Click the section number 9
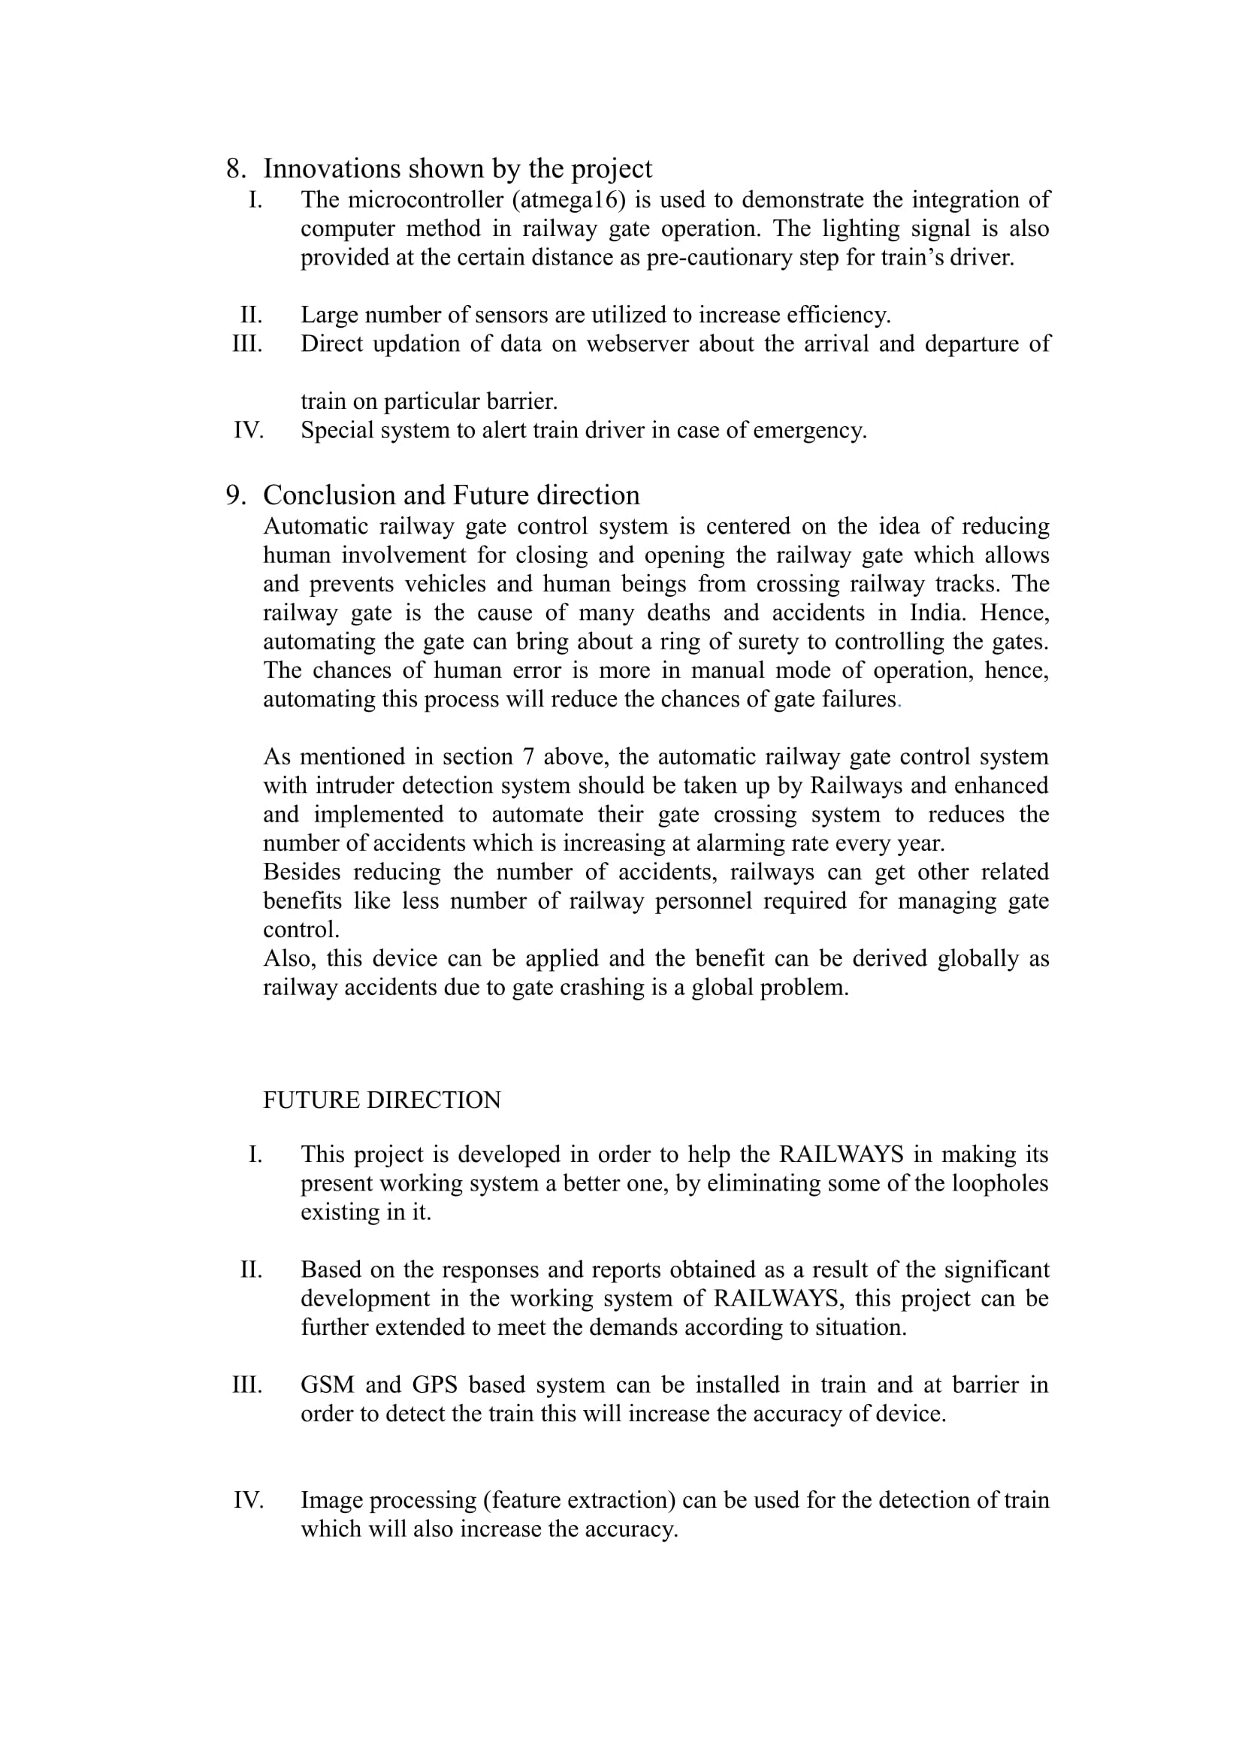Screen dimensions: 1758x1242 click(x=234, y=496)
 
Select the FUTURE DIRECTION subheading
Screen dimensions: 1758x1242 click(x=382, y=1100)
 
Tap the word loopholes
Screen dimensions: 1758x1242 click(x=999, y=1184)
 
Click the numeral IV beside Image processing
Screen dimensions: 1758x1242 click(x=249, y=1501)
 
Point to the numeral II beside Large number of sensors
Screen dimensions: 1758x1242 click(x=251, y=316)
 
